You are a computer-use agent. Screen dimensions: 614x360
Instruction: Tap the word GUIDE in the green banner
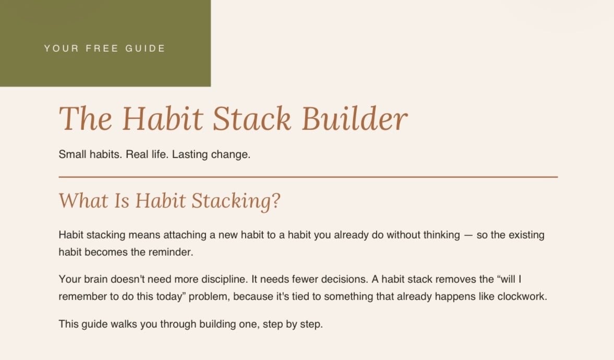coord(145,48)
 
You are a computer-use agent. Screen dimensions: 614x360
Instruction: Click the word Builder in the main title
coord(355,118)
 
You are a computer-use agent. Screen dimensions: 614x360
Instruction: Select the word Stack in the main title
coord(252,118)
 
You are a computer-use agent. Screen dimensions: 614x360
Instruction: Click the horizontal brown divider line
coord(308,177)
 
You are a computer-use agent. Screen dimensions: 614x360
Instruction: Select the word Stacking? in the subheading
coord(236,201)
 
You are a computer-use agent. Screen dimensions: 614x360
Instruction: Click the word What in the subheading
coord(83,200)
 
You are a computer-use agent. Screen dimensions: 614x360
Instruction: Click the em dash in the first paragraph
coord(468,235)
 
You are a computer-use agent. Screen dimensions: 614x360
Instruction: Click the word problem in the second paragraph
coord(209,296)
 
